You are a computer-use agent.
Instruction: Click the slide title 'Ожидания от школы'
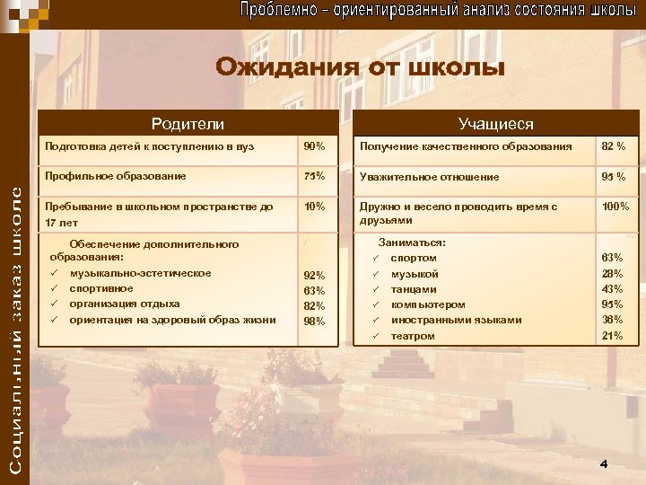(360, 68)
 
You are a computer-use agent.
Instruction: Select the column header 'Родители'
(188, 124)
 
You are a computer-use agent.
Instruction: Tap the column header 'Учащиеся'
(495, 124)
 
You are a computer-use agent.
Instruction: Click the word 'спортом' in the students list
(414, 259)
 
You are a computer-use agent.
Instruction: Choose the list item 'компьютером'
(428, 304)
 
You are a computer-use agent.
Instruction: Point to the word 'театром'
(413, 336)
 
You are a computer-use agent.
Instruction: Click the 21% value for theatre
(612, 336)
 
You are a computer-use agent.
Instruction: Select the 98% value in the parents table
(314, 321)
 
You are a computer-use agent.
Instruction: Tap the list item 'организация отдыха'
(124, 304)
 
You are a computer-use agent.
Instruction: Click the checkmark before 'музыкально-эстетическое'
(55, 273)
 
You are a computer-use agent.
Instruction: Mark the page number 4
(604, 463)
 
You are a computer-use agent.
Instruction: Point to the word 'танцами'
(414, 289)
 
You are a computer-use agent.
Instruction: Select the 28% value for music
(612, 274)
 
